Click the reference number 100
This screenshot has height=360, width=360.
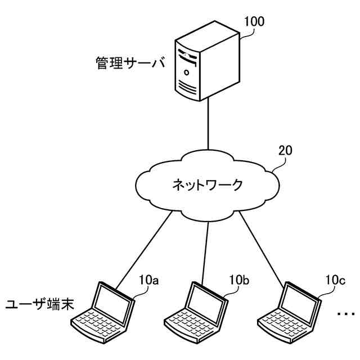[254, 21]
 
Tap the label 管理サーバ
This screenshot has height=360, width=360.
[130, 62]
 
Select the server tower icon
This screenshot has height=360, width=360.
[208, 61]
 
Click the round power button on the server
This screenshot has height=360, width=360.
[187, 73]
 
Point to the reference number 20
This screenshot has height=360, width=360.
[285, 150]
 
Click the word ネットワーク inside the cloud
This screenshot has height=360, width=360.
[208, 185]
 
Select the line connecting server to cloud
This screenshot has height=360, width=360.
[208, 124]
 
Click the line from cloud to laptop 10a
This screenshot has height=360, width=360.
[144, 250]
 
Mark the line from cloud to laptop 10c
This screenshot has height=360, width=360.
[261, 250]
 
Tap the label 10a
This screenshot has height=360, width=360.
[148, 280]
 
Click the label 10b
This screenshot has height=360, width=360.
[239, 280]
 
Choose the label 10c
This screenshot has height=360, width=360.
[335, 280]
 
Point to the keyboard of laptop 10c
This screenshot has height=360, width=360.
[284, 323]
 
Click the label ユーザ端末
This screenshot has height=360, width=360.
[40, 305]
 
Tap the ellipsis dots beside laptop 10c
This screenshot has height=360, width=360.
[346, 313]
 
